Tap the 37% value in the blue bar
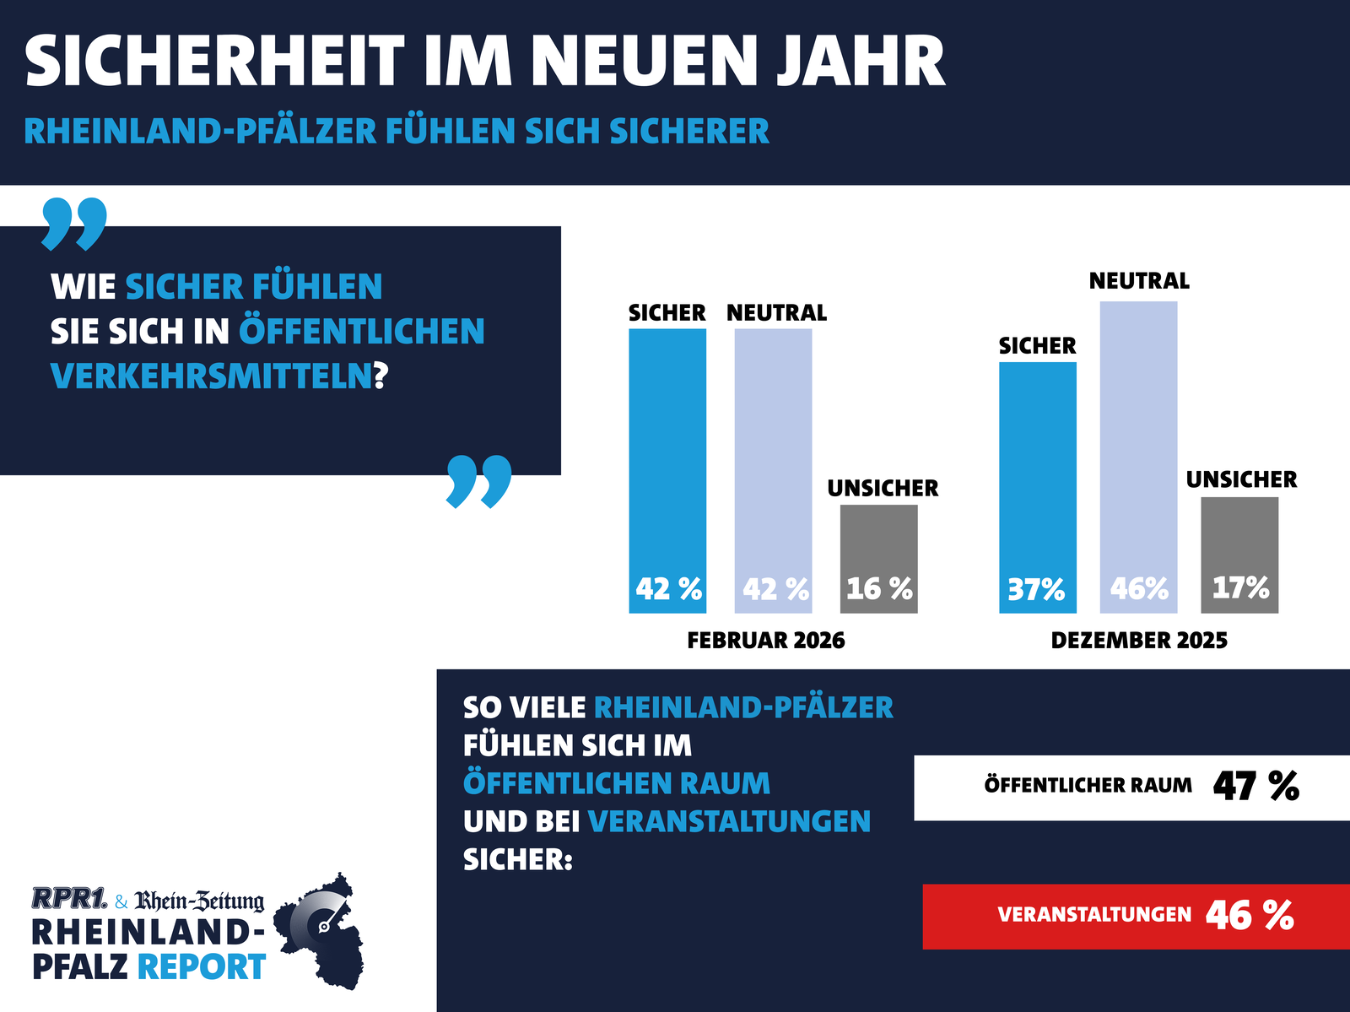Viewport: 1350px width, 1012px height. click(1036, 588)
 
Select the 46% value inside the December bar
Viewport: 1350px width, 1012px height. click(1139, 588)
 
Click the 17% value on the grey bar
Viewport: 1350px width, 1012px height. click(1240, 587)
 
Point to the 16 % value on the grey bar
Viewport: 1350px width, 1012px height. click(879, 588)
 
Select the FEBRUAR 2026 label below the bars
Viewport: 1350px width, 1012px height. click(765, 641)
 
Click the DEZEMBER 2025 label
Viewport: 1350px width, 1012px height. click(1139, 641)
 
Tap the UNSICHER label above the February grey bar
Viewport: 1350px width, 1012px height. click(883, 489)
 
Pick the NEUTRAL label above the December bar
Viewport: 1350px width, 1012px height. click(1139, 281)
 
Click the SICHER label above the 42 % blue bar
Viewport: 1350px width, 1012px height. click(667, 313)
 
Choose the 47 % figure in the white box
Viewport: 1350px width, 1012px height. click(1255, 787)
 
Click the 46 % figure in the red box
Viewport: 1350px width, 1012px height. click(1250, 915)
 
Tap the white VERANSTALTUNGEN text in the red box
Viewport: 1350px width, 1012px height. click(1094, 915)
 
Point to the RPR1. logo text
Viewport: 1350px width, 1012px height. click(69, 899)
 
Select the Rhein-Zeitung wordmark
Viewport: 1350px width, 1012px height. click(199, 901)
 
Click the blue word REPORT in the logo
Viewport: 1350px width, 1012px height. click(202, 967)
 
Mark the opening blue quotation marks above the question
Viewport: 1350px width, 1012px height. click(74, 224)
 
